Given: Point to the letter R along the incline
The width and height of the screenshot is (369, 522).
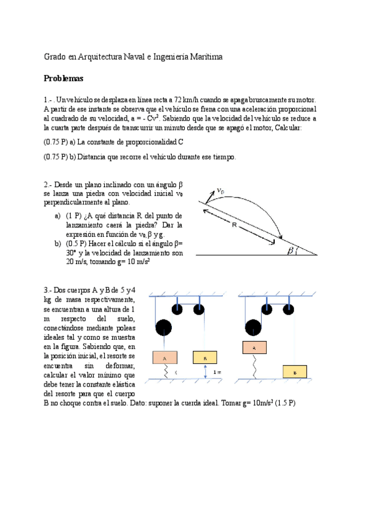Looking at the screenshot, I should pyautogui.click(x=235, y=225).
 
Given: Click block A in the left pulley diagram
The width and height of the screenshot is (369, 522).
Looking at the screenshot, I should pyautogui.click(x=164, y=358).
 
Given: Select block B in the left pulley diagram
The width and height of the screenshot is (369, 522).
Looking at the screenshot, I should pyautogui.click(x=204, y=358).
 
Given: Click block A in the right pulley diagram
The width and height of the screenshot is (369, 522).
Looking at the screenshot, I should pyautogui.click(x=255, y=348).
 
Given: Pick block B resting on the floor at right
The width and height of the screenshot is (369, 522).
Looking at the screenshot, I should pyautogui.click(x=295, y=372).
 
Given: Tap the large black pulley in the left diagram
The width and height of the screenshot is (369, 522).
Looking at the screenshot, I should pyautogui.click(x=164, y=328).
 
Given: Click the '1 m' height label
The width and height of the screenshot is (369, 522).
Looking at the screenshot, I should pyautogui.click(x=217, y=372).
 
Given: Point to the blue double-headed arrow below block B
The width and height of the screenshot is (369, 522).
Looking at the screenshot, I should pyautogui.click(x=205, y=371).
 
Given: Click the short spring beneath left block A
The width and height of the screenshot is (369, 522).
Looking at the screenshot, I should pyautogui.click(x=164, y=371).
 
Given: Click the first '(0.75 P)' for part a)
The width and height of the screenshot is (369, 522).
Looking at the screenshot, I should pyautogui.click(x=55, y=142).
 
